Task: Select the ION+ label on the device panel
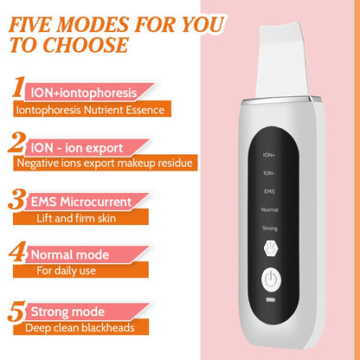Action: click(269, 153)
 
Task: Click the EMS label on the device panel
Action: click(269, 190)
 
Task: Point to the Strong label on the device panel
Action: click(269, 228)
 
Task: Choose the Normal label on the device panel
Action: click(269, 209)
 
